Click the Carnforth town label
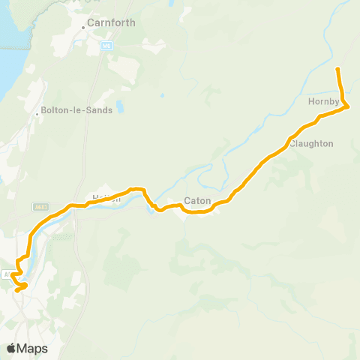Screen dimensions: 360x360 pyautogui.click(x=111, y=22)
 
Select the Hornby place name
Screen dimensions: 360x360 pyautogui.click(x=324, y=100)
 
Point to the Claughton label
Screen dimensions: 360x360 pyautogui.click(x=311, y=143)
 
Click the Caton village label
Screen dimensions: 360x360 pyautogui.click(x=197, y=202)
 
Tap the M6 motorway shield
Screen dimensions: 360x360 pyautogui.click(x=108, y=46)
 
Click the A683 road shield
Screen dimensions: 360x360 pyautogui.click(x=40, y=207)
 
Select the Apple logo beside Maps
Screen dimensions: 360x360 pyautogui.click(x=12, y=348)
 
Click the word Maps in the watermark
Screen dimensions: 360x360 pyautogui.click(x=33, y=348)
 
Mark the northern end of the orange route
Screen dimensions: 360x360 pyautogui.click(x=337, y=69)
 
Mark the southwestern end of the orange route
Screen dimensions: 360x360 pyautogui.click(x=16, y=289)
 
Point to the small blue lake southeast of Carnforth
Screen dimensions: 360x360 pyautogui.click(x=161, y=95)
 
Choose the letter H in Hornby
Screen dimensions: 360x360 pyautogui.click(x=310, y=100)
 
